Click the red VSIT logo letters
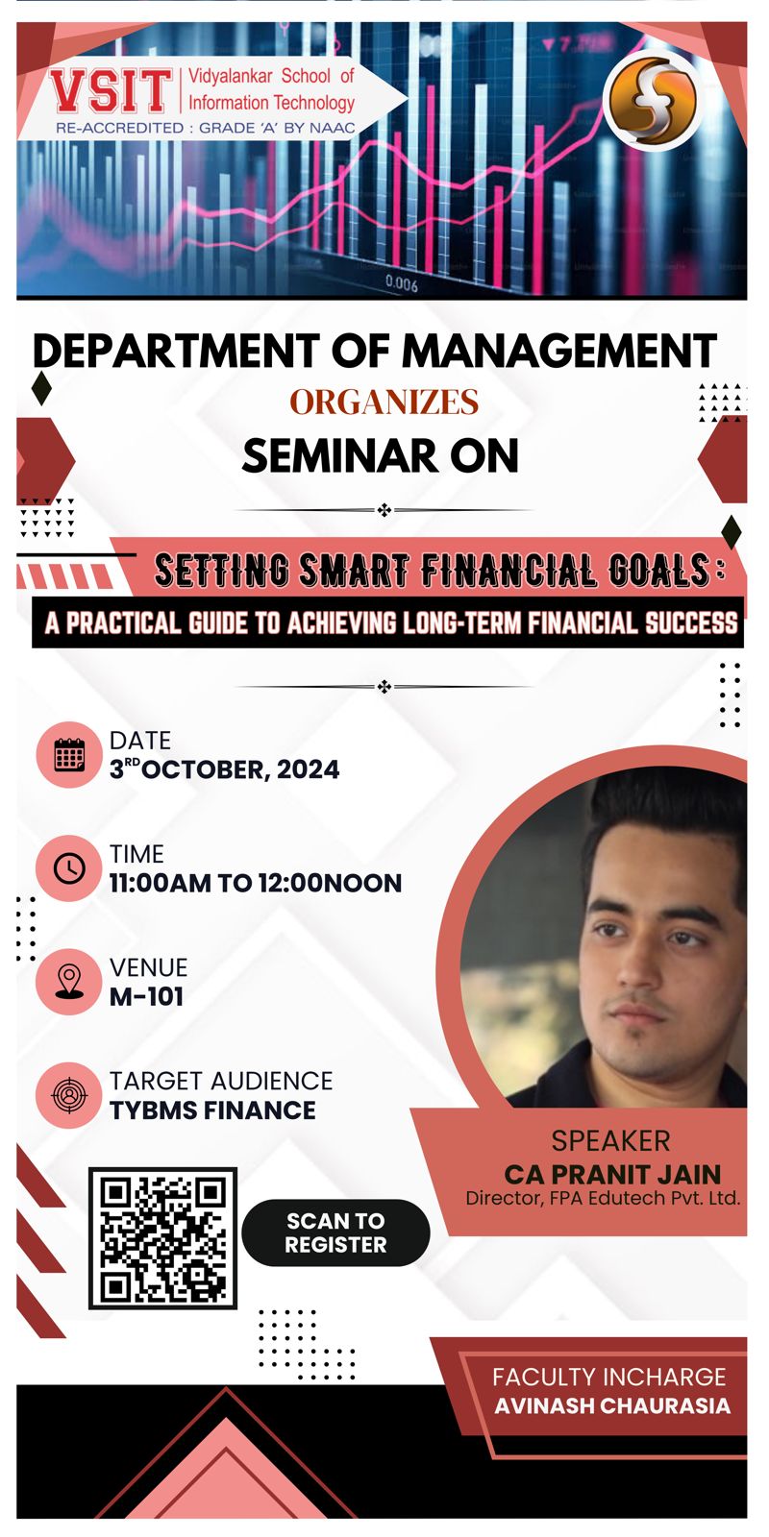[x=110, y=90]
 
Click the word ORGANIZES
[x=384, y=402]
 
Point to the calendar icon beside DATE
[x=69, y=755]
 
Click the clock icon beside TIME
[x=69, y=868]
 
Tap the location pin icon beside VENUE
[x=69, y=981]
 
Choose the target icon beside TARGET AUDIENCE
[x=69, y=1095]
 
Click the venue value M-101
[x=146, y=996]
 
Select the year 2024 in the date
[x=309, y=769]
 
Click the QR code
[x=162, y=1238]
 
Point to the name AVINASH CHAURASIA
[x=612, y=1406]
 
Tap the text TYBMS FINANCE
[x=212, y=1110]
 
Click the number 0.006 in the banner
[x=402, y=282]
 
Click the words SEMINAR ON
[x=381, y=456]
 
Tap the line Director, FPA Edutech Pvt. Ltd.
[x=603, y=1199]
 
